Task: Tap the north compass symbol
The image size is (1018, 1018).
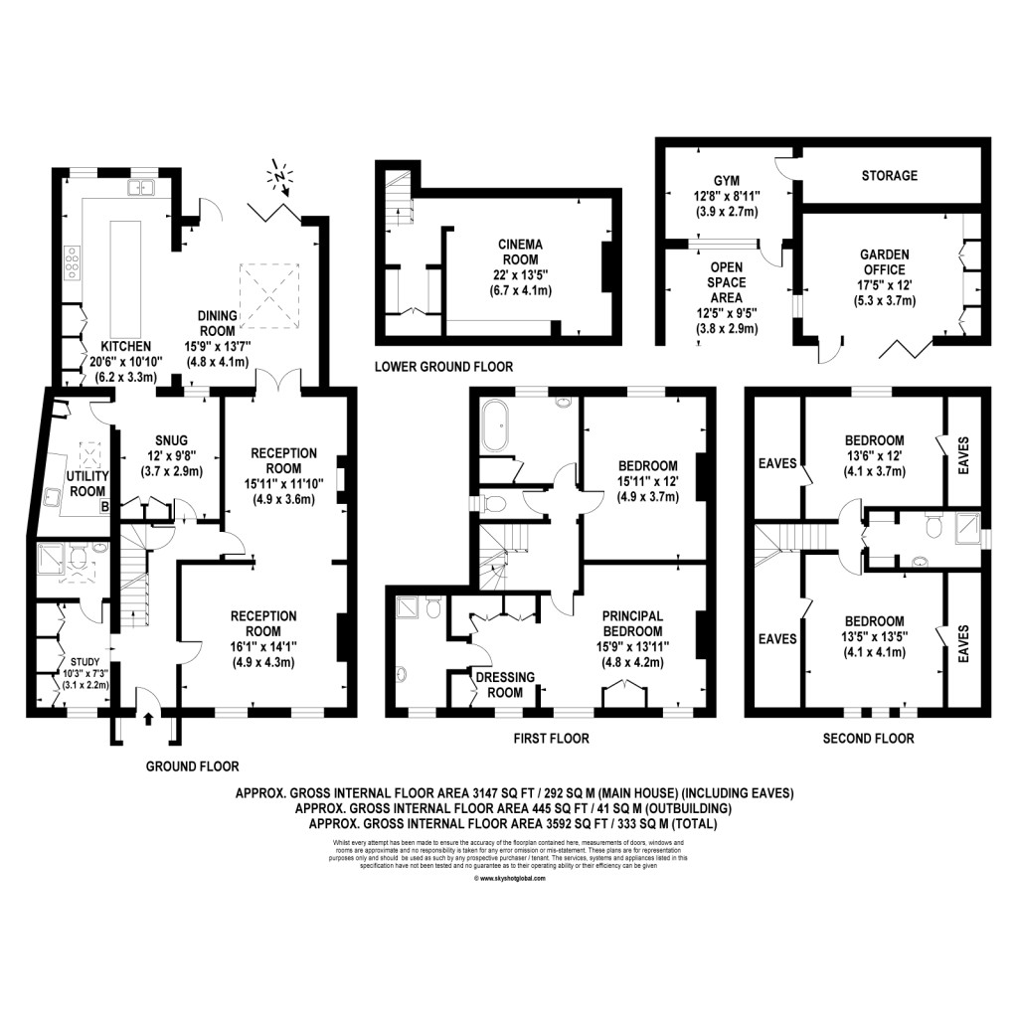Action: pyautogui.click(x=280, y=179)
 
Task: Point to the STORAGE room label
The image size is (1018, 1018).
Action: pyautogui.click(x=889, y=176)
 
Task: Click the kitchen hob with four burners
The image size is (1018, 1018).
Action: pyautogui.click(x=73, y=264)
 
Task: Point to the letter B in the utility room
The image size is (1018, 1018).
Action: pyautogui.click(x=103, y=507)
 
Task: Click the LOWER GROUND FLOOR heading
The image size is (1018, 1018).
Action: pyautogui.click(x=443, y=367)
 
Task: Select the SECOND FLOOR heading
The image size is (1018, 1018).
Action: pyautogui.click(x=868, y=739)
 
